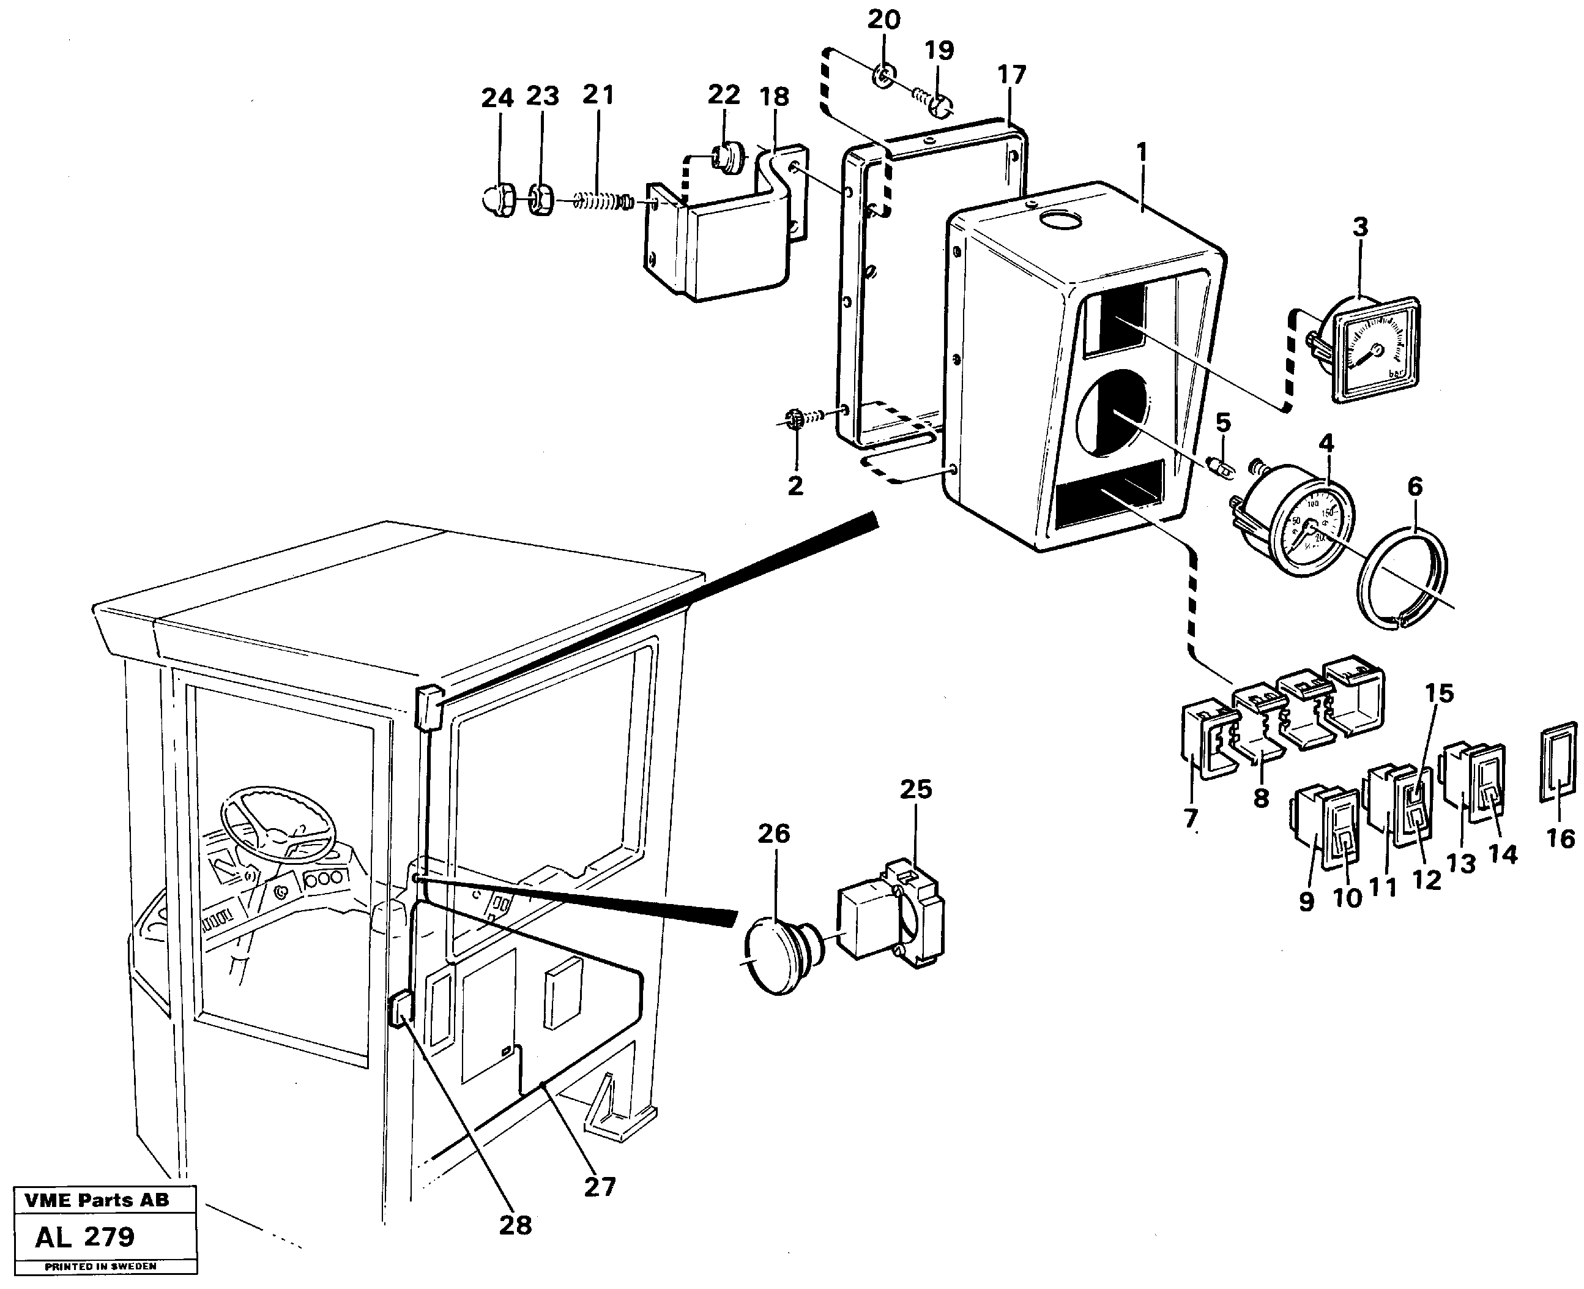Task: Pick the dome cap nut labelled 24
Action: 497,199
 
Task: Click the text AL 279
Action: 84,1237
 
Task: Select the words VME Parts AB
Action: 97,1201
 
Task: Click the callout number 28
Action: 515,1225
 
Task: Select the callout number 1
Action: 1142,153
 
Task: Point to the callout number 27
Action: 600,1187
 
